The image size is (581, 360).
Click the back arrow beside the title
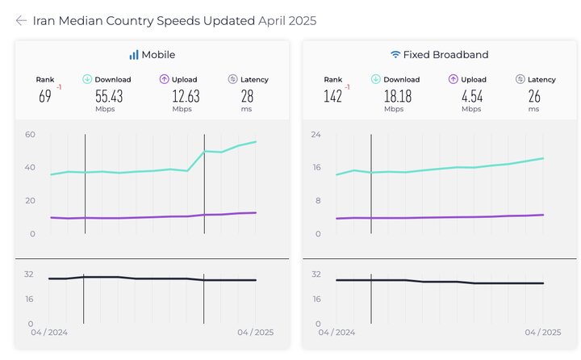click(x=21, y=21)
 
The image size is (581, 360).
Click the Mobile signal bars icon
click(x=133, y=55)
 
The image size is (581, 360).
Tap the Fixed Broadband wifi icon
click(x=395, y=55)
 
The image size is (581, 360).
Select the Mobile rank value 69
click(x=45, y=96)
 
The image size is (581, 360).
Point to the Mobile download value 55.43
click(x=110, y=96)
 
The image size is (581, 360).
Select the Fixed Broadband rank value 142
click(x=332, y=96)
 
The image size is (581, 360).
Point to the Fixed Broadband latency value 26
click(x=535, y=96)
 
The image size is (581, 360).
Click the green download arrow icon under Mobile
click(x=87, y=79)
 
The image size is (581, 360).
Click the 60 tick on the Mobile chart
click(x=30, y=134)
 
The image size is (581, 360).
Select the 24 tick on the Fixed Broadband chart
click(x=316, y=134)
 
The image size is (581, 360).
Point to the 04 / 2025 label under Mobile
click(x=255, y=333)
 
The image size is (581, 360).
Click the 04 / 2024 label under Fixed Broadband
click(x=336, y=333)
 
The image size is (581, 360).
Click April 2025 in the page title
click(x=287, y=21)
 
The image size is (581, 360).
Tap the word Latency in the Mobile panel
click(x=254, y=80)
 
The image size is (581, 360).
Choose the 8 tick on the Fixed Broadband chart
click(x=319, y=200)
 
